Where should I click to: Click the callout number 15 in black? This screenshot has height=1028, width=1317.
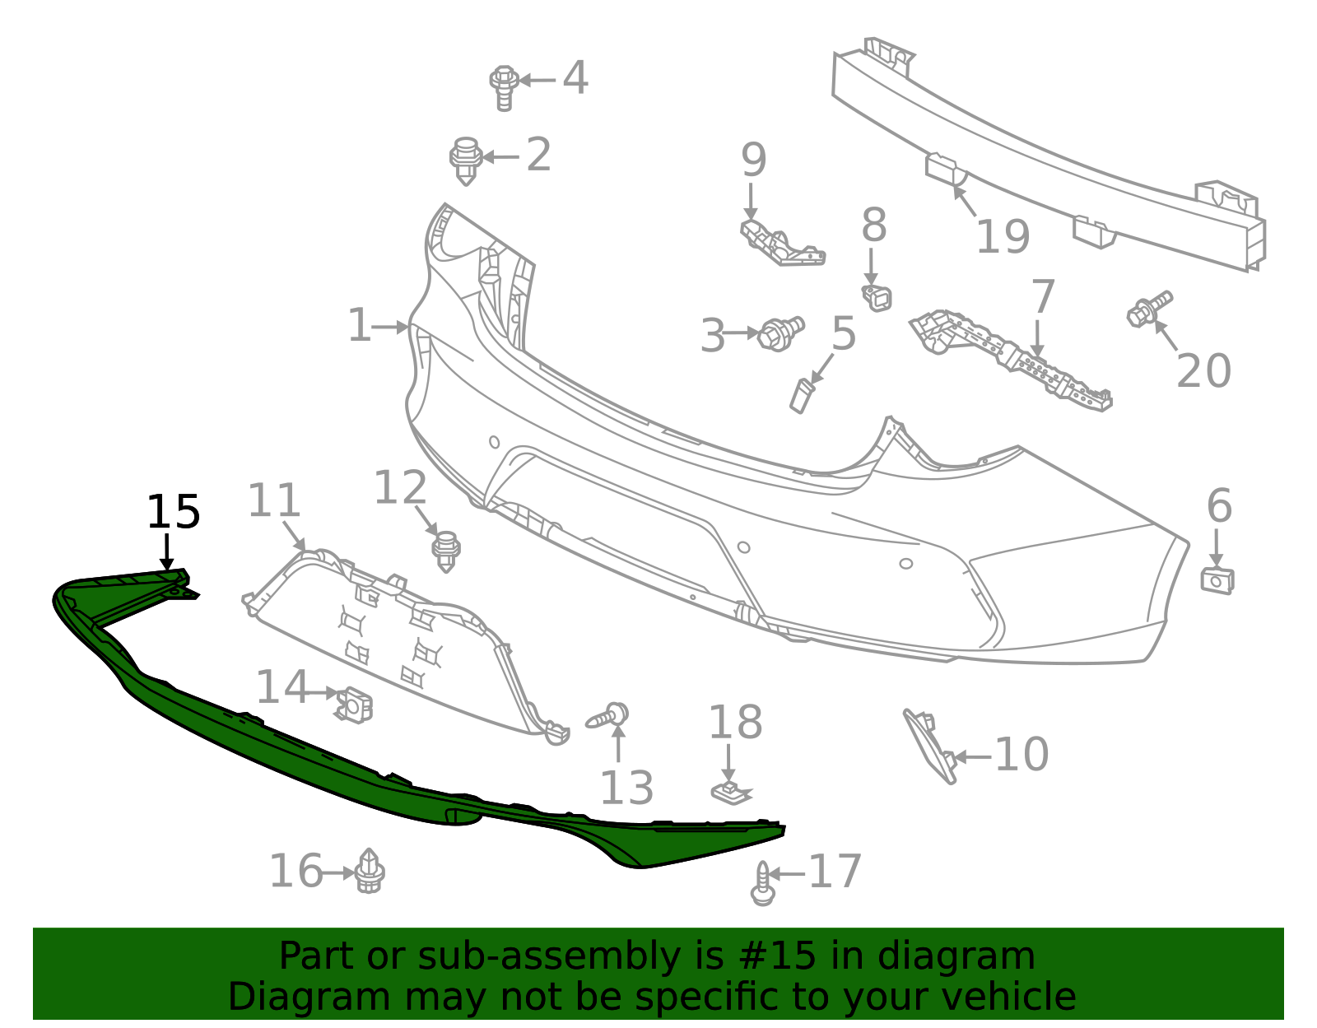pyautogui.click(x=173, y=513)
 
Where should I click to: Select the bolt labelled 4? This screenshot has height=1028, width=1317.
pyautogui.click(x=503, y=86)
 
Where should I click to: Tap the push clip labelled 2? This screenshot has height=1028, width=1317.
pyautogui.click(x=466, y=160)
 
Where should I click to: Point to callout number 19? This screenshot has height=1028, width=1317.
pyautogui.click(x=1002, y=237)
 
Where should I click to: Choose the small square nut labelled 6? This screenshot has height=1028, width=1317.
pyautogui.click(x=1217, y=579)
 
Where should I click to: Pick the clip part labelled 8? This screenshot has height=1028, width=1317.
pyautogui.click(x=877, y=297)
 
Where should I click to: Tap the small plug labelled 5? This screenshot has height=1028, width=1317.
pyautogui.click(x=801, y=395)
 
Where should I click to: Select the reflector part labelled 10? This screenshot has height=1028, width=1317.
pyautogui.click(x=930, y=745)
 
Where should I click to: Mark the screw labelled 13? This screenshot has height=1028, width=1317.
pyautogui.click(x=608, y=715)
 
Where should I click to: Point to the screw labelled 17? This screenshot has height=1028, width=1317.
pyautogui.click(x=763, y=884)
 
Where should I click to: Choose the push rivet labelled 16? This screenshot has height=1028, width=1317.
pyautogui.click(x=370, y=871)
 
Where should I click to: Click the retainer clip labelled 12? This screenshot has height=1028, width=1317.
pyautogui.click(x=446, y=550)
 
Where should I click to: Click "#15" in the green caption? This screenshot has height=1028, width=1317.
pyautogui.click(x=773, y=956)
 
